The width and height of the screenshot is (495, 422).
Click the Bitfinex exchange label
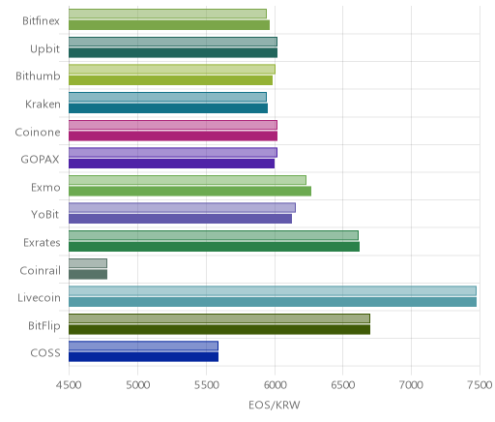41,21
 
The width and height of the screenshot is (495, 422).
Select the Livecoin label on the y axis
39,297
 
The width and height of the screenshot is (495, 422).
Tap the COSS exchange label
45,352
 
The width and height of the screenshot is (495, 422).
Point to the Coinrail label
40,270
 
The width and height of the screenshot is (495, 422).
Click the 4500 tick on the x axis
69,385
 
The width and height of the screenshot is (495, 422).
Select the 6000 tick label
275,385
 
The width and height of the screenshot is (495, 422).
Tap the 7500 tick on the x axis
480,385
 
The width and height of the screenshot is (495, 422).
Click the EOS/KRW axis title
275,405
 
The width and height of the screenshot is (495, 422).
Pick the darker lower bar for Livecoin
273,302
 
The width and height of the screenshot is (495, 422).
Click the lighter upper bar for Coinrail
88,263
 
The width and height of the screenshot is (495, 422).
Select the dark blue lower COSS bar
143,357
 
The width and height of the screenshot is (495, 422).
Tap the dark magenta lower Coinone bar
173,136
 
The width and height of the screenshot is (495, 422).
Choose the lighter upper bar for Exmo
188,180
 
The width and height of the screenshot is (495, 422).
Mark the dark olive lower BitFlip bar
219,330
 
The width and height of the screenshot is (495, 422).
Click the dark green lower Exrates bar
214,247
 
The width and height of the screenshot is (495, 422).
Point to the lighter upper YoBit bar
182,208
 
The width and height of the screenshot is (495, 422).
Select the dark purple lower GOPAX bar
172,164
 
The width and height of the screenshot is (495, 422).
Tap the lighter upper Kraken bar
167,97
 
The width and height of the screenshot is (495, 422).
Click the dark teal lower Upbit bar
173,53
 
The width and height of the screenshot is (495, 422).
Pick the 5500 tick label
206,385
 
